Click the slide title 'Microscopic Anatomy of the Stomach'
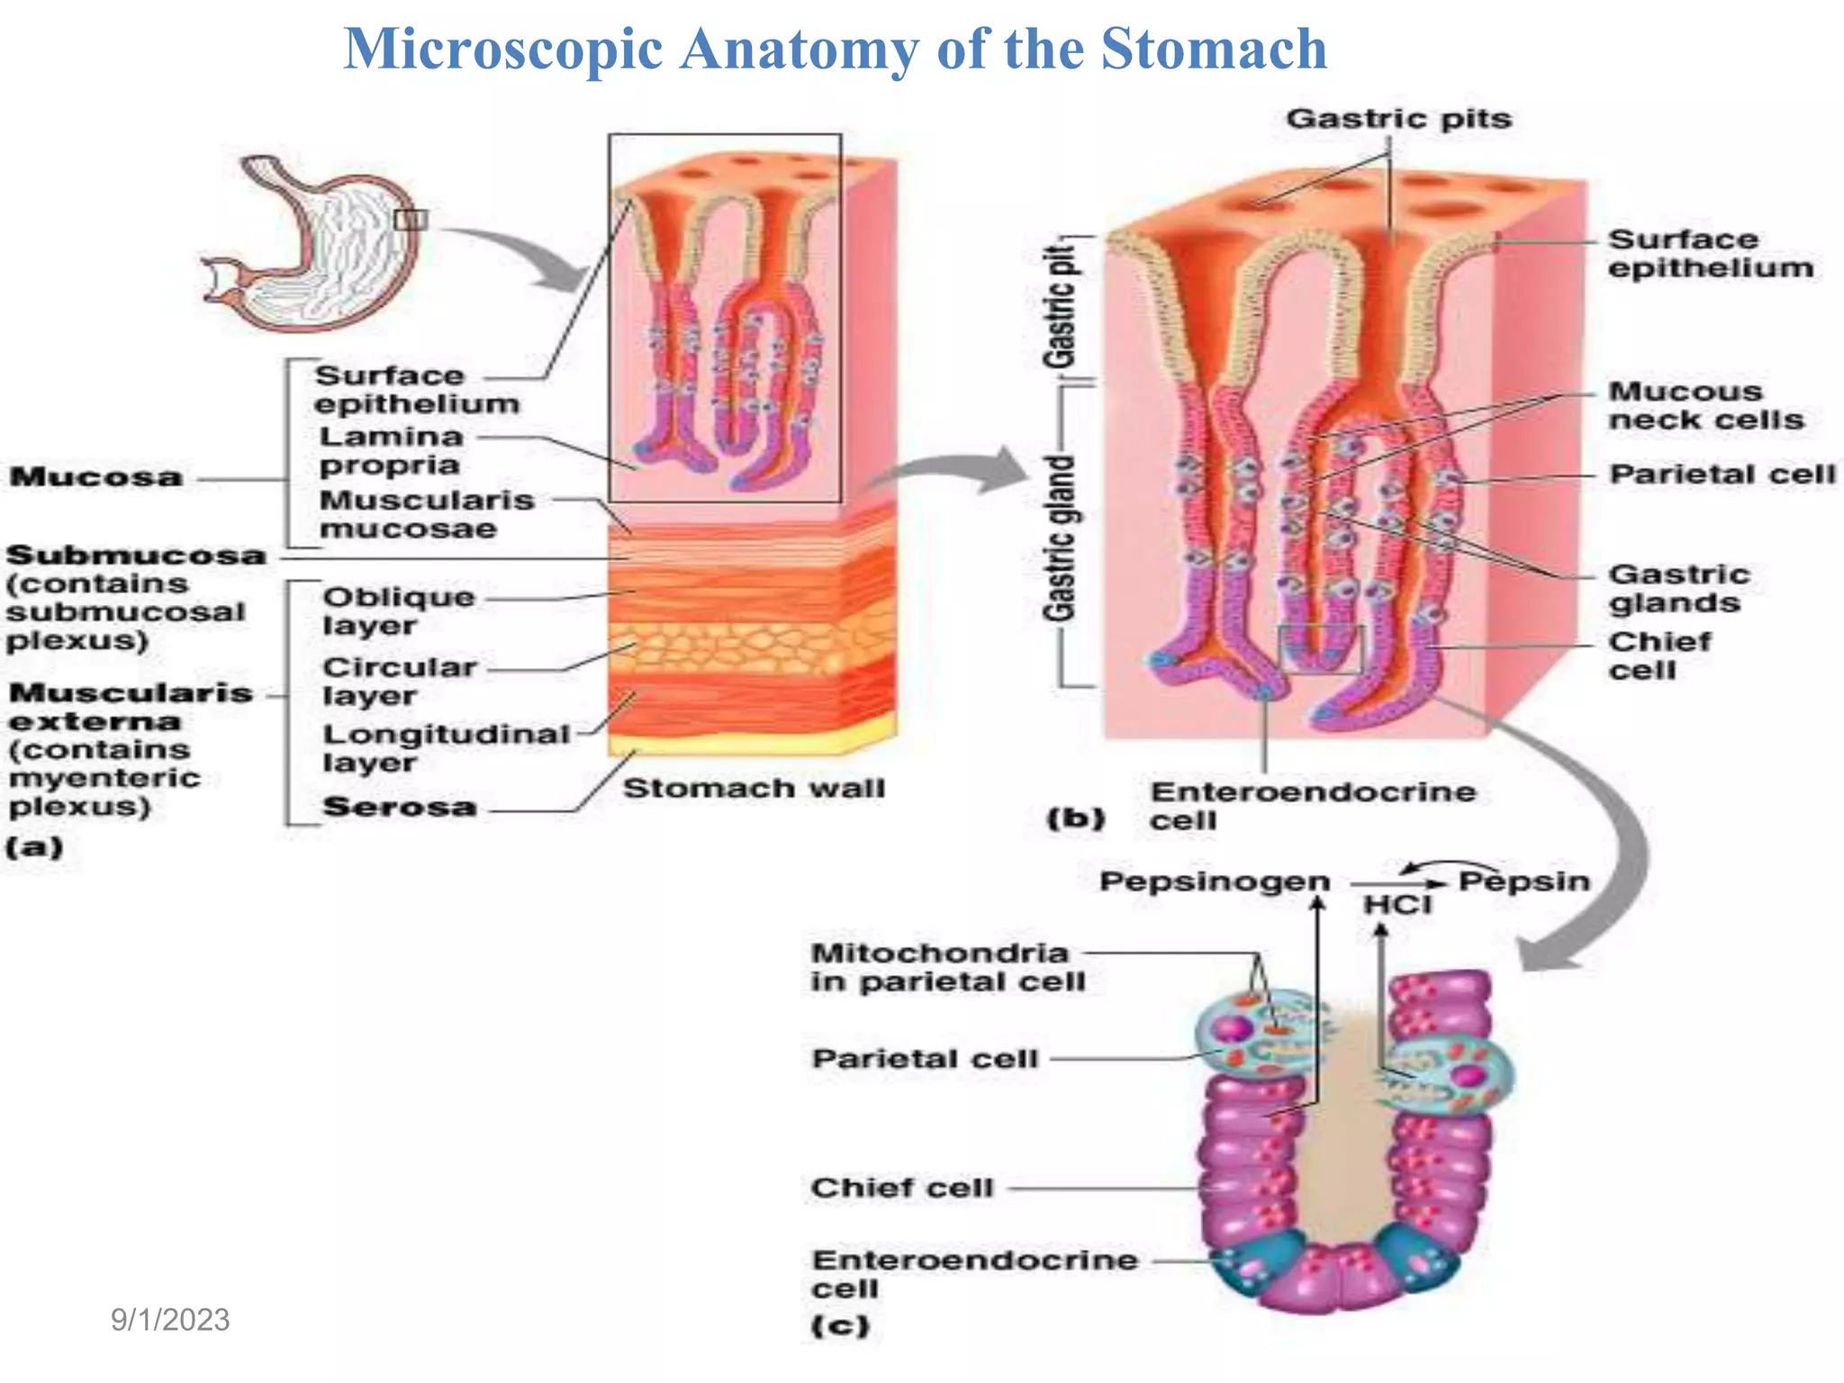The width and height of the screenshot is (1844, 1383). click(835, 49)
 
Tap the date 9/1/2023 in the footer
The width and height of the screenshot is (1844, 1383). click(170, 1320)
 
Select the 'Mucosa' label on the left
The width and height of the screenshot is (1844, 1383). click(96, 476)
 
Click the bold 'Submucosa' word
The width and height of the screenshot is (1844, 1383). click(136, 555)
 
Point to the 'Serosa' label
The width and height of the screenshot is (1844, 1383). click(400, 807)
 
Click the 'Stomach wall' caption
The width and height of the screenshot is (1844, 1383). click(754, 789)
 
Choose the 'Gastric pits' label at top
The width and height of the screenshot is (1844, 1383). click(1398, 119)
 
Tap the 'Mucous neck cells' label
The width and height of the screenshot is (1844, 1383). click(1705, 405)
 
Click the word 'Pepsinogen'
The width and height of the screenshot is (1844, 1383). click(1215, 881)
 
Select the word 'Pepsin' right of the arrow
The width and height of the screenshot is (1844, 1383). click(1524, 881)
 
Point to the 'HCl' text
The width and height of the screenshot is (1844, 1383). click(1397, 905)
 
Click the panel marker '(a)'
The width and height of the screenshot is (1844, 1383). click(34, 847)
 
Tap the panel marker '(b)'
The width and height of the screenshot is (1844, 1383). click(1075, 818)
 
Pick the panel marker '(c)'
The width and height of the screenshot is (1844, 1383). click(840, 1325)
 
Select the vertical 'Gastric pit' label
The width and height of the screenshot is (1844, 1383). click(1061, 306)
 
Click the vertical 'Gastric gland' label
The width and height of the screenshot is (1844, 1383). click(1061, 538)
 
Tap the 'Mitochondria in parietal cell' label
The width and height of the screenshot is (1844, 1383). click(947, 967)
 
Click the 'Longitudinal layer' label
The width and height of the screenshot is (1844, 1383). click(446, 748)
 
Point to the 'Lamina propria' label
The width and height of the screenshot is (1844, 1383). click(391, 450)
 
